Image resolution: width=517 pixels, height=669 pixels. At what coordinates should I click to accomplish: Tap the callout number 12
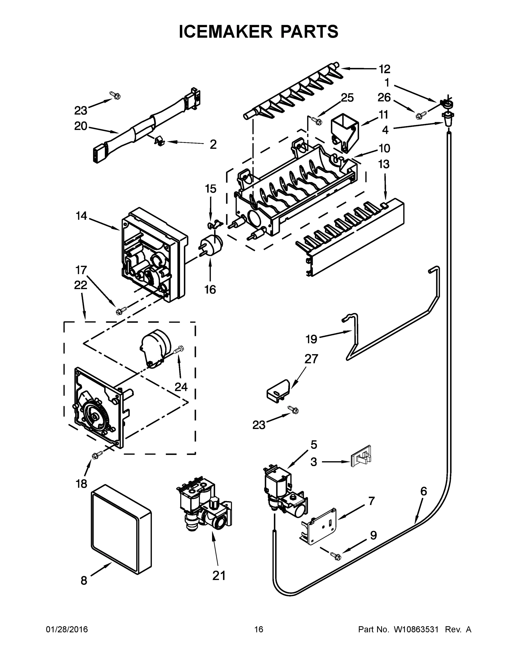[384, 69]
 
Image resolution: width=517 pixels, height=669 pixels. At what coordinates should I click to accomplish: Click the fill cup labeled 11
[344, 132]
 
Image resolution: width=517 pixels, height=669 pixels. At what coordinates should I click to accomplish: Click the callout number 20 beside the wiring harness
[81, 126]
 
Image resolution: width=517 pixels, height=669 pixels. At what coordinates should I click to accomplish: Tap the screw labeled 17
[119, 311]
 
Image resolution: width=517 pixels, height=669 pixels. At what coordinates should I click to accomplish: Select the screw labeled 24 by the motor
[179, 350]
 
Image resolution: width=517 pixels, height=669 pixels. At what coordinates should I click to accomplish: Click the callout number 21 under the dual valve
[219, 576]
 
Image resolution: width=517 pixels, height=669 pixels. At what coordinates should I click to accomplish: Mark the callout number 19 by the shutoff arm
[311, 339]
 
